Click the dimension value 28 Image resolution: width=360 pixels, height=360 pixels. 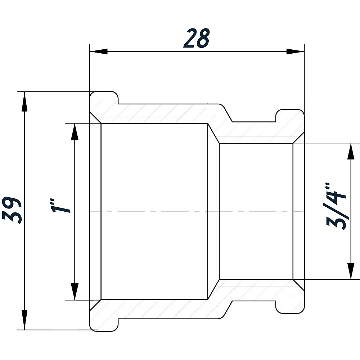point(197,39)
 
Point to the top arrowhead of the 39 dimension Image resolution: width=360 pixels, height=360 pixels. point(24,101)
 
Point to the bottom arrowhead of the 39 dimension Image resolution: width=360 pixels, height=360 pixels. point(24,320)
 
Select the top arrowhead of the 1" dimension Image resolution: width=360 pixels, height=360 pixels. point(75,132)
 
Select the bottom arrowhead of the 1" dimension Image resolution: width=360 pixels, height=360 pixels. point(75,291)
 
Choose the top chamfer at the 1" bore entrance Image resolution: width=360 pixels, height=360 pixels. point(95,118)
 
